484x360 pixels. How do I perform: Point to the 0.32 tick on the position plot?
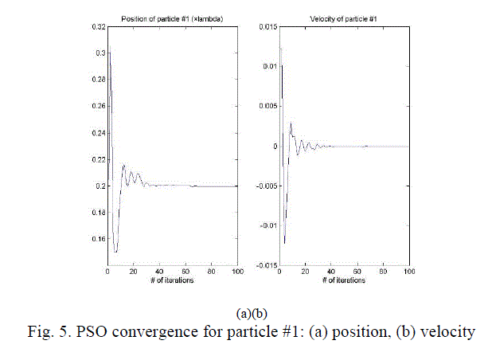[x=96, y=27]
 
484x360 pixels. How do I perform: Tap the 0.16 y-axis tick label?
[x=96, y=239]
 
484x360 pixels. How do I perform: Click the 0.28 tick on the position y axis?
[x=96, y=80]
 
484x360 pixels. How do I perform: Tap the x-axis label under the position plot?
[x=173, y=281]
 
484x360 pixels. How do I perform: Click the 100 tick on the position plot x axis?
[x=237, y=272]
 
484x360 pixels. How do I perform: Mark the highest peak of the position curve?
[x=110, y=53]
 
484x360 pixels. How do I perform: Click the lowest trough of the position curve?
[x=115, y=252]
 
